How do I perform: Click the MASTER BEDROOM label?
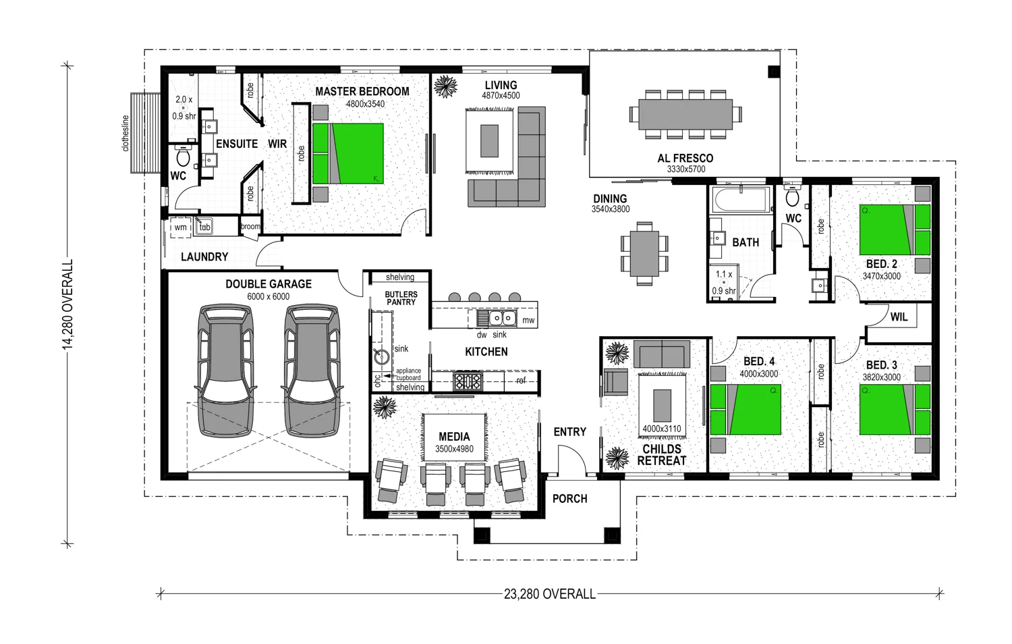[x=362, y=91]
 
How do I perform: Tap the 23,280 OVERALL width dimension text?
[x=549, y=594]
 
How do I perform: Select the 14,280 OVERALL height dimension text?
[x=67, y=304]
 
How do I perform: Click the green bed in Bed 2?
[x=895, y=230]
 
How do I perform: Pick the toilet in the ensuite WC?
[x=183, y=155]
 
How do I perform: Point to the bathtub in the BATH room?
[x=741, y=199]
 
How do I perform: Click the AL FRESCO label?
[x=685, y=158]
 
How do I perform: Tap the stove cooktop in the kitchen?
[x=468, y=381]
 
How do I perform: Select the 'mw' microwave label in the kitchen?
[x=528, y=321]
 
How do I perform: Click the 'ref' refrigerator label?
[x=521, y=381]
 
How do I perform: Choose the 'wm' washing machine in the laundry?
[x=180, y=227]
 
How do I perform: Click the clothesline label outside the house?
[x=125, y=133]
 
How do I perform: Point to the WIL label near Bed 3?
[x=899, y=317]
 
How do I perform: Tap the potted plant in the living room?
[x=445, y=86]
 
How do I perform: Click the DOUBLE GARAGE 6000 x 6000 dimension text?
[x=269, y=296]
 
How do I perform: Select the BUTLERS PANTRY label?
[x=401, y=298]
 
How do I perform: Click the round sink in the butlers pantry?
[x=382, y=356]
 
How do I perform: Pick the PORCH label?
[x=569, y=499]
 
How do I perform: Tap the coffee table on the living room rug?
[x=489, y=141]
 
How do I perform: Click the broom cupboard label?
[x=251, y=226]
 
